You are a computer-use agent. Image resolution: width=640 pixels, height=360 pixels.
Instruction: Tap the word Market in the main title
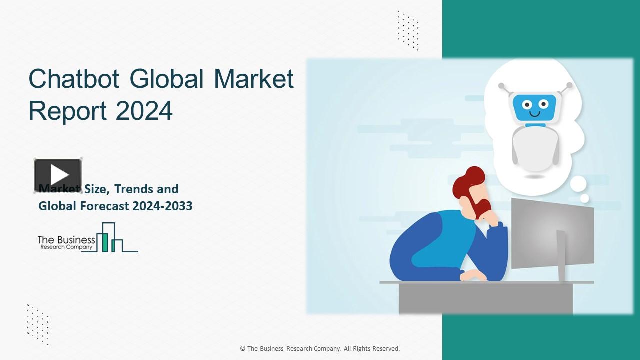click(x=254, y=79)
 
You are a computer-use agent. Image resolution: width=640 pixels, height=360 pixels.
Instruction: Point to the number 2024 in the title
click(x=144, y=111)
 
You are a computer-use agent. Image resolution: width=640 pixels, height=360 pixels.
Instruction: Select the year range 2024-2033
click(x=163, y=206)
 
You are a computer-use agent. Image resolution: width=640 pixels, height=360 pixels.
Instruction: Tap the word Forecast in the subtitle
click(x=105, y=206)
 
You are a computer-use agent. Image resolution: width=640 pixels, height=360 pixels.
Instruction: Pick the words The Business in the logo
click(x=66, y=240)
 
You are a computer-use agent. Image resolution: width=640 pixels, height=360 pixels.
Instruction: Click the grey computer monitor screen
click(x=552, y=232)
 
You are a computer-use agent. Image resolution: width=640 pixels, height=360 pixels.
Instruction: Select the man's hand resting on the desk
click(x=472, y=275)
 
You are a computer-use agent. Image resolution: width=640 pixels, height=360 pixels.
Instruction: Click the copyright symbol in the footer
click(x=242, y=349)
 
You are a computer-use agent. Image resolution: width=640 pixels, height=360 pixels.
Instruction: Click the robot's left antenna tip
click(x=501, y=86)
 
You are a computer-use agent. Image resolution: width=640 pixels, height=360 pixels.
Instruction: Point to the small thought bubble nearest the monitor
click(x=584, y=199)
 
